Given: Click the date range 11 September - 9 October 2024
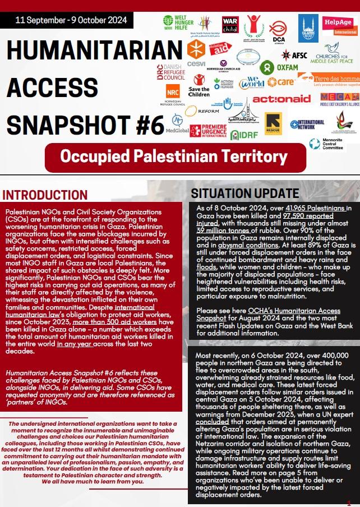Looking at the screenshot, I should (72, 21).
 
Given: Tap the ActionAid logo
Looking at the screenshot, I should (281, 99).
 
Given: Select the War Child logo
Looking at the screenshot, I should (230, 24).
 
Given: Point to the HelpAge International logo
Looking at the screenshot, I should (340, 26).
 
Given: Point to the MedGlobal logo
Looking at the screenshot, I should (177, 123).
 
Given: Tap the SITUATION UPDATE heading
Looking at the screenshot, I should (245, 193).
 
